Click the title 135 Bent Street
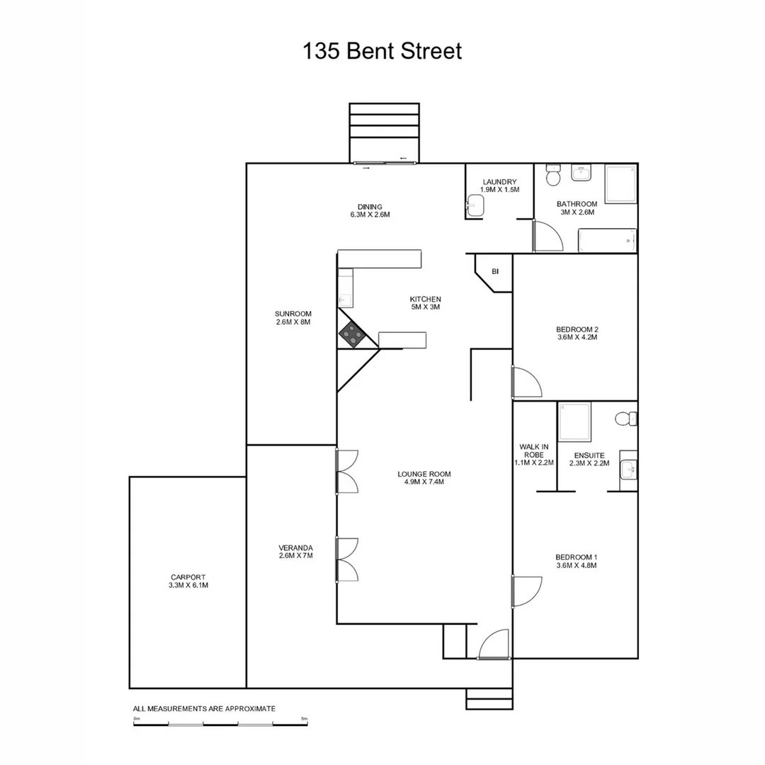point(382,52)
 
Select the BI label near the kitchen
point(495,271)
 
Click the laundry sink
point(475,206)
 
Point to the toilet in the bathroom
point(552,173)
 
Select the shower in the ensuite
point(574,422)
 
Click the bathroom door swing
point(547,237)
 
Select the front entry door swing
point(494,645)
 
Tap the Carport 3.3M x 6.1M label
point(188,582)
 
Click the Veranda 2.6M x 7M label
point(296,552)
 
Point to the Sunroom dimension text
point(293,322)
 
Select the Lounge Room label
point(424,478)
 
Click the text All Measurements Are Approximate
point(204,708)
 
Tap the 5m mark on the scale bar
point(305,719)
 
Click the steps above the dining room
point(385,132)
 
